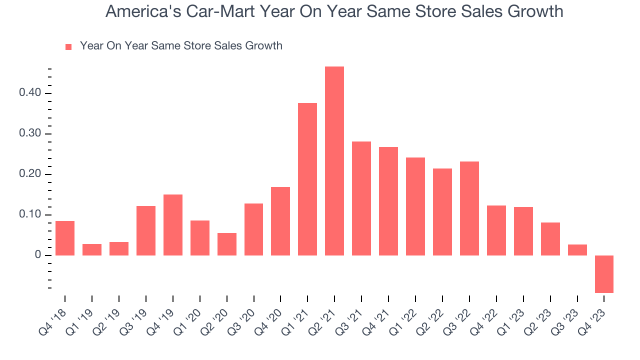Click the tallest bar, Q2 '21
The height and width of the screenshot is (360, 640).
click(x=334, y=161)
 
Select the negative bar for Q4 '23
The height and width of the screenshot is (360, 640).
click(x=604, y=274)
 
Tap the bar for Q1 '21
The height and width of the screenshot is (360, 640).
click(x=307, y=179)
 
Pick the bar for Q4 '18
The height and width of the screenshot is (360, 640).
click(x=65, y=238)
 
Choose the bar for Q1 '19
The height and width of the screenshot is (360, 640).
click(x=92, y=249)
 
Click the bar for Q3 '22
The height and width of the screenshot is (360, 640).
click(x=469, y=208)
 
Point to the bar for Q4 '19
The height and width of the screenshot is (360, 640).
click(x=173, y=225)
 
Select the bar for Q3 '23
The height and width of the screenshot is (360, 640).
click(x=577, y=250)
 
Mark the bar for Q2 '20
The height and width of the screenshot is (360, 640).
click(x=227, y=244)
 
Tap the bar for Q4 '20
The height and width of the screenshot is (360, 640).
click(x=280, y=221)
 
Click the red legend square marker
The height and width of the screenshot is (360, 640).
click(x=69, y=46)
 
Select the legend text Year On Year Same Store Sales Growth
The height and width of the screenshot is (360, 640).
click(x=181, y=46)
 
